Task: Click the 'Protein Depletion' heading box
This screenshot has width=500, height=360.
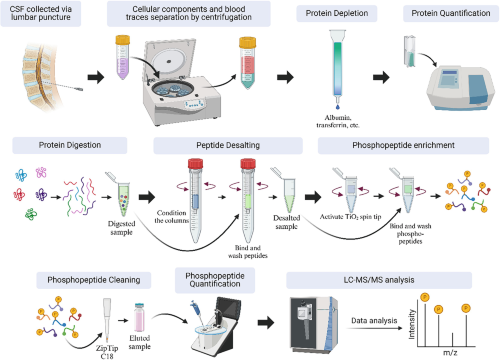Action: tap(337, 13)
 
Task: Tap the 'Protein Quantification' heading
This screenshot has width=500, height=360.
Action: tap(451, 13)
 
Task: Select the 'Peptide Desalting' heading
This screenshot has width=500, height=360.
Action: tap(228, 145)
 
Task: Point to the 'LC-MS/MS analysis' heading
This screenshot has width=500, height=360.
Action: tap(379, 280)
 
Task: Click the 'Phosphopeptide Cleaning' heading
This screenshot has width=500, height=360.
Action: tap(94, 280)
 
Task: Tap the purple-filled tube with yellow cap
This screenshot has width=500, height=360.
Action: tap(123, 57)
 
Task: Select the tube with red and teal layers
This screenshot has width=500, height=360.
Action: tap(247, 63)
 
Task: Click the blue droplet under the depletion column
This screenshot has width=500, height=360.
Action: tap(338, 107)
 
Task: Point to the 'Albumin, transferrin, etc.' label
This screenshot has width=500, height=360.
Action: tap(338, 121)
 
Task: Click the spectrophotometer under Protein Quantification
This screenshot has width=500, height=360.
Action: tap(461, 88)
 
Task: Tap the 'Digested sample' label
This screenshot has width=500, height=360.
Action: tap(121, 228)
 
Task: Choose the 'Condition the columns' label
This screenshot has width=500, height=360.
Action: tap(172, 217)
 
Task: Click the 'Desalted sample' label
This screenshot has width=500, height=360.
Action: tap(287, 222)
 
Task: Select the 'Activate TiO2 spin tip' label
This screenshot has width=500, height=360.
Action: tap(350, 217)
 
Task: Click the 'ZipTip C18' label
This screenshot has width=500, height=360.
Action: tap(107, 352)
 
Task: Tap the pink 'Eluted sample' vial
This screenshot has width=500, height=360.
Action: tap(139, 317)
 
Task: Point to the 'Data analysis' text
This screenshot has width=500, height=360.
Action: tap(374, 321)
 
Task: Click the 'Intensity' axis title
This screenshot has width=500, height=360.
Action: tap(412, 324)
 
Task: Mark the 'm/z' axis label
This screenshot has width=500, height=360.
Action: tap(450, 352)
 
